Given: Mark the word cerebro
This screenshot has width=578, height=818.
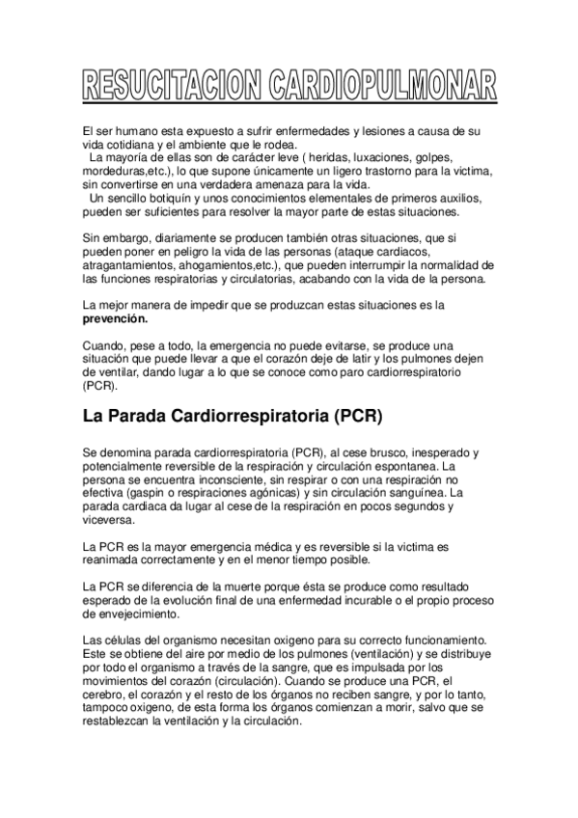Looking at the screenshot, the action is point(104,695).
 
